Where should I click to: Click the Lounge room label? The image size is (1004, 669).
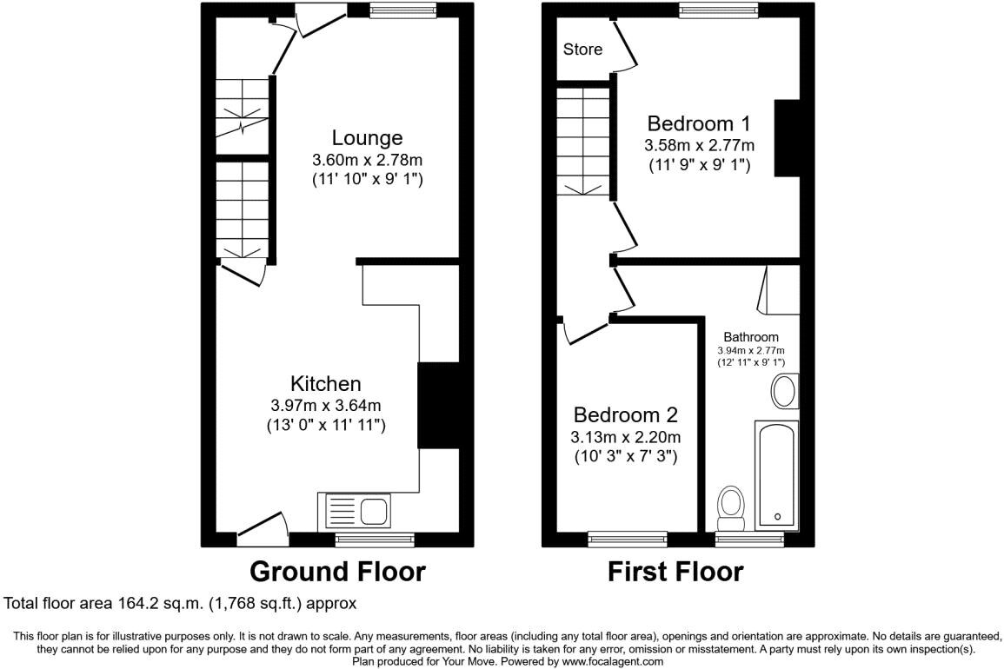[x=367, y=137]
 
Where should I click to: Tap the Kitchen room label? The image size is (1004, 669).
[x=325, y=383]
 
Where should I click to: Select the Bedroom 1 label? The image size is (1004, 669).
[x=698, y=123]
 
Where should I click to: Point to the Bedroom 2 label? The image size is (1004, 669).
[x=625, y=414]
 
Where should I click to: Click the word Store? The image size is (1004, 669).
[x=582, y=50]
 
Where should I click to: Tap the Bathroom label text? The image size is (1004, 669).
[x=751, y=337]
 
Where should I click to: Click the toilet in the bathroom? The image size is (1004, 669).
[x=730, y=507]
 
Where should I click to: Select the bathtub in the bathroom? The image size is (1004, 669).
[x=777, y=474]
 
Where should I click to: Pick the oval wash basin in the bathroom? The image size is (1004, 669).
[x=784, y=392]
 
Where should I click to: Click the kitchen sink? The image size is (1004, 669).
[x=357, y=510]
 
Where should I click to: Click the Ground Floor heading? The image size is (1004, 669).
[x=337, y=572]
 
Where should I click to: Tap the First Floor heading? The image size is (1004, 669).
[x=675, y=572]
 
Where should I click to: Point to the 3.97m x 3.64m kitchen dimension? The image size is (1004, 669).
[x=326, y=405]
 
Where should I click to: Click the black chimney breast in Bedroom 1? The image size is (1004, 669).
[x=787, y=139]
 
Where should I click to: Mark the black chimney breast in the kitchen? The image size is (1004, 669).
[x=438, y=405]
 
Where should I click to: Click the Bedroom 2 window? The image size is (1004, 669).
[x=627, y=540]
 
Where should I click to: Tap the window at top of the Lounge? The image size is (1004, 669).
[x=402, y=10]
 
